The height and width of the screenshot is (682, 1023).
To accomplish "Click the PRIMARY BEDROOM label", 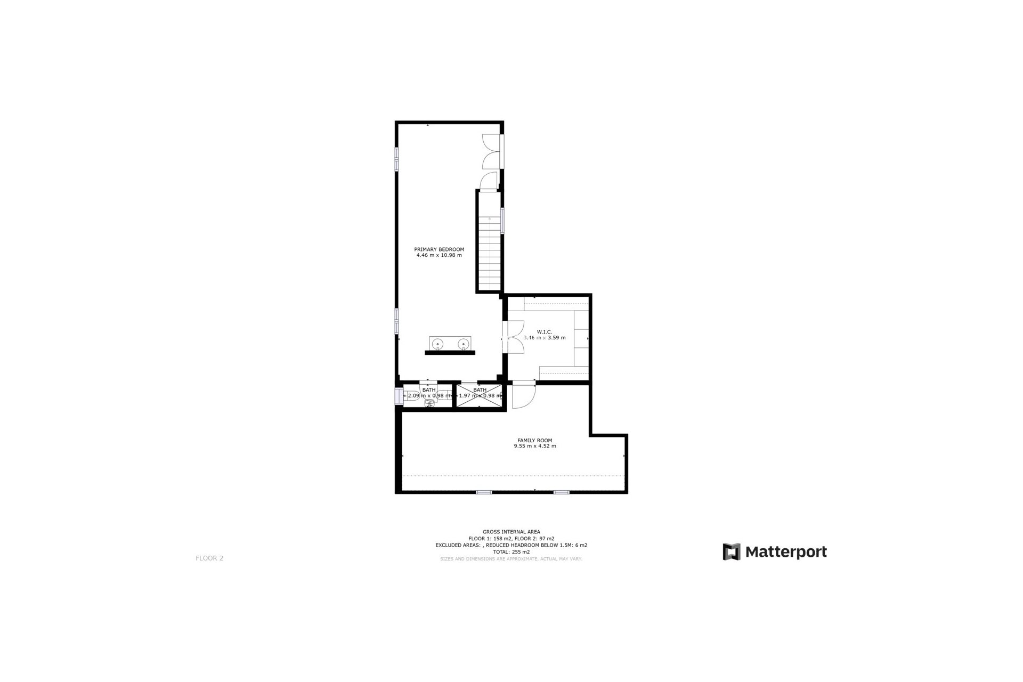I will coord(439,249).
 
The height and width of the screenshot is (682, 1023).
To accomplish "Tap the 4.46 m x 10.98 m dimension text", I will coord(439,255).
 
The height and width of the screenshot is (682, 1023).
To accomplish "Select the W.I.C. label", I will coord(544,332).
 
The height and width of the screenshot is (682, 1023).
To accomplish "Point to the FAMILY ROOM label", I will coord(534,440).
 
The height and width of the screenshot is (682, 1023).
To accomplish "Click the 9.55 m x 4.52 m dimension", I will coord(534,446).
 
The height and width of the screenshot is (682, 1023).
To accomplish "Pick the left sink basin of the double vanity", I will coord(438,344).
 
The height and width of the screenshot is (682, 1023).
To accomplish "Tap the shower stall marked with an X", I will coord(480,395).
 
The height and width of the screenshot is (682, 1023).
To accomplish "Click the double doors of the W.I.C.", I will coord(514,337).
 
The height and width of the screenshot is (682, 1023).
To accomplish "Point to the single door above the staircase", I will coord(488,182).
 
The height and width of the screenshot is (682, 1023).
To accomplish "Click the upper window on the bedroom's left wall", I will coord(396,159).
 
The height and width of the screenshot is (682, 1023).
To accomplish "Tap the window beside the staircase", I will coord(502,220).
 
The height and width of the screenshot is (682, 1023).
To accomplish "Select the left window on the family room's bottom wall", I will coord(483,492).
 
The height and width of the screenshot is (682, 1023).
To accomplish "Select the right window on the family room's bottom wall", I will coord(561,492).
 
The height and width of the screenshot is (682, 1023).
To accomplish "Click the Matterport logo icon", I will coord(732,551).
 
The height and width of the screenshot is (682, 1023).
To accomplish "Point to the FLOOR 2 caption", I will coord(209,558).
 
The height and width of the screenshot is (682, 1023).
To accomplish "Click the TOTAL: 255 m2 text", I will coord(511,552).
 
